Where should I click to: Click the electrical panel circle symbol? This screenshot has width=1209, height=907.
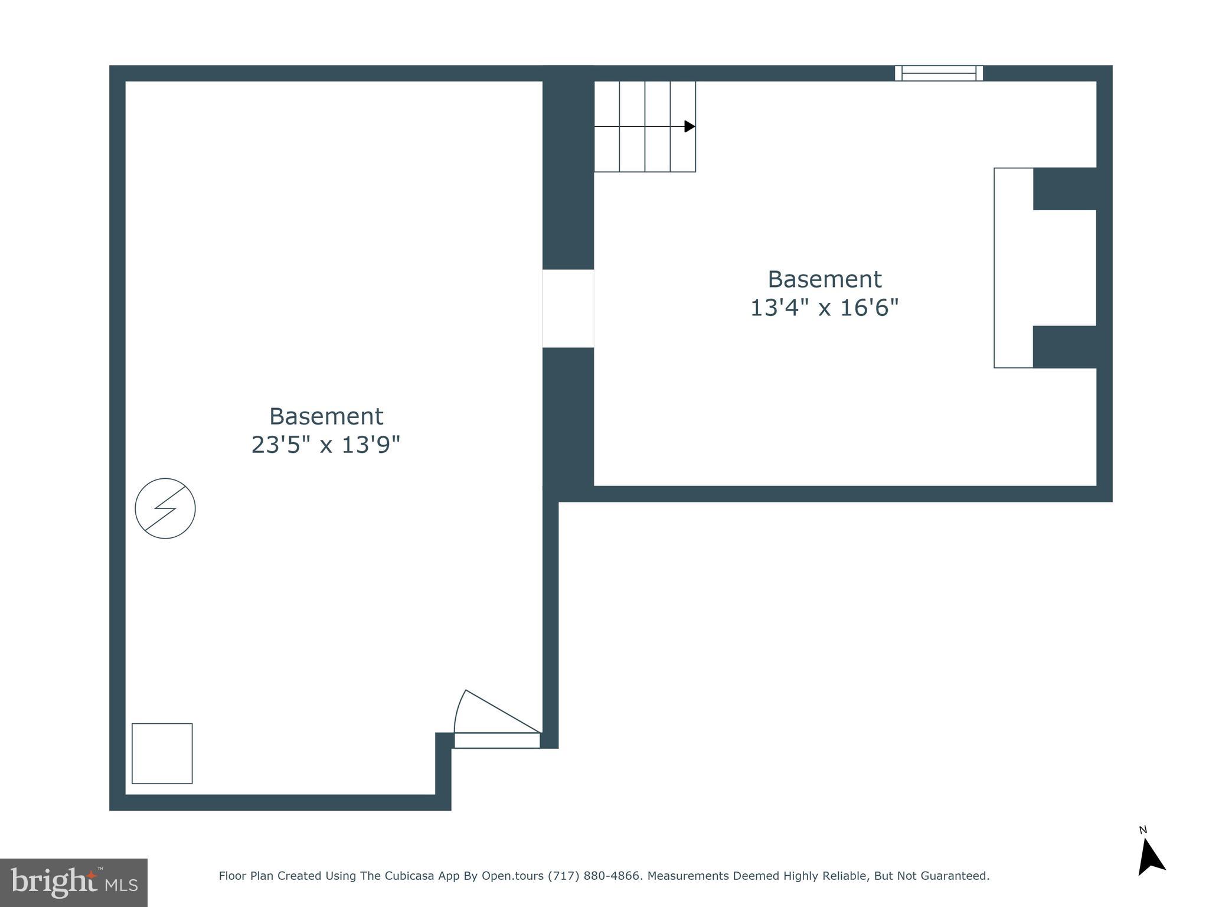[x=165, y=508]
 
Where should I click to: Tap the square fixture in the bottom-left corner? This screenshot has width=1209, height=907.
[x=162, y=753]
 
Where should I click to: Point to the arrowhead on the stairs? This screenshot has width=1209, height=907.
[x=689, y=126]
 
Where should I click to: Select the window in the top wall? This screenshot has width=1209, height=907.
[x=939, y=73]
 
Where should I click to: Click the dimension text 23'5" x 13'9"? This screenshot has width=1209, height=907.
[x=326, y=445]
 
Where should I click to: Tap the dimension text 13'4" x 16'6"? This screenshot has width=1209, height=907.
[x=824, y=308]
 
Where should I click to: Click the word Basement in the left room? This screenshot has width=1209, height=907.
[x=326, y=416]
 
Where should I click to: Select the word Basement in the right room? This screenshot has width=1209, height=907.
[x=824, y=279]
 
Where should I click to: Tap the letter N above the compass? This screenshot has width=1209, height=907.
[x=1143, y=830]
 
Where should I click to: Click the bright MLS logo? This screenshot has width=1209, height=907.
[x=74, y=882]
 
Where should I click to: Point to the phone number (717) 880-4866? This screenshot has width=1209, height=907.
[x=594, y=876]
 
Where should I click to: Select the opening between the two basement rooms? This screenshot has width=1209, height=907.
[x=568, y=308]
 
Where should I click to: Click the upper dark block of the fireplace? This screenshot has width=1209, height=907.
[x=1064, y=188]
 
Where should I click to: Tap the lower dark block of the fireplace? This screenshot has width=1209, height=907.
[x=1064, y=347]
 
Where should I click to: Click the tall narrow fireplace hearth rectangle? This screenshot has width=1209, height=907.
[x=1013, y=267]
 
